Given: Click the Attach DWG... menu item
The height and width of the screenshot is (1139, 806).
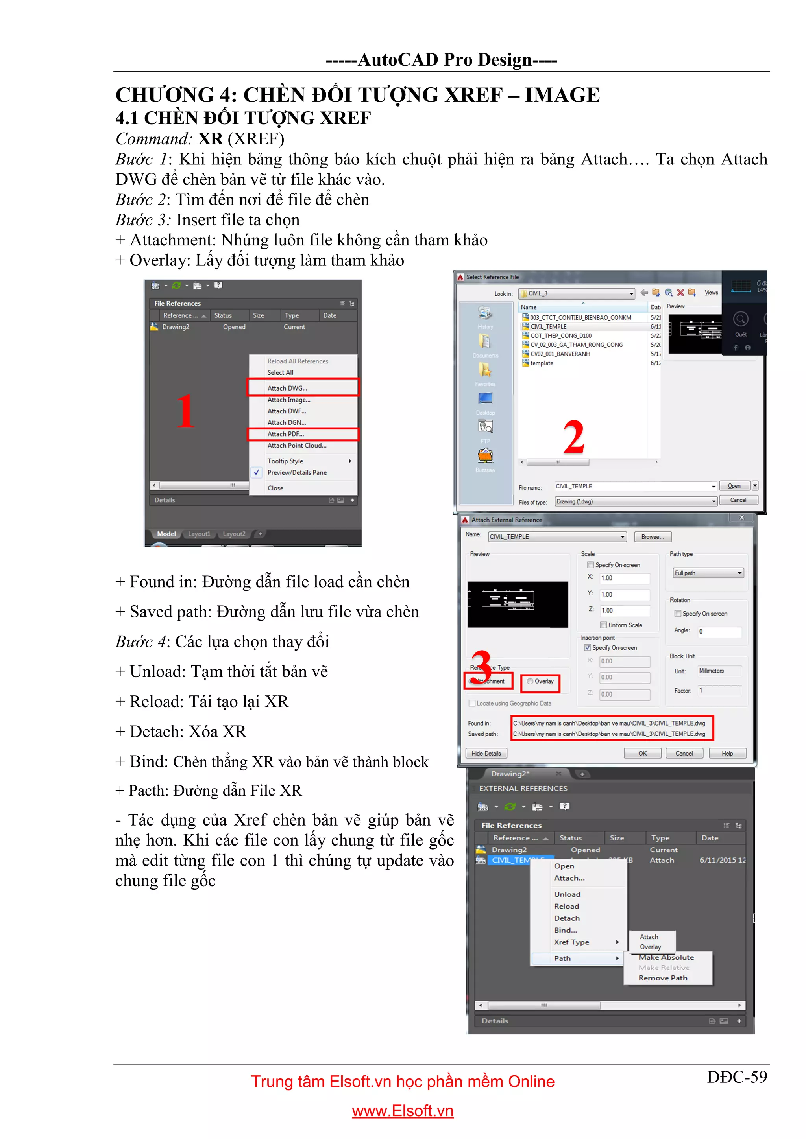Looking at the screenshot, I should coord(288,388).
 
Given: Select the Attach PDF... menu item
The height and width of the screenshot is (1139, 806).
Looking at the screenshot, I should coord(286,434).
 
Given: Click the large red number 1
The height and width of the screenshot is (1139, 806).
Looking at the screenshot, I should coord(185,411).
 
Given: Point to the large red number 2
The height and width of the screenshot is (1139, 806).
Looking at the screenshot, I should coord(574,437).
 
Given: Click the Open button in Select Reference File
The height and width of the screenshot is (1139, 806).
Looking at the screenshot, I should coord(734,486).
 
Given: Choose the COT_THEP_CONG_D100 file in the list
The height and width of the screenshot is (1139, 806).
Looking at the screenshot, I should coord(561,336).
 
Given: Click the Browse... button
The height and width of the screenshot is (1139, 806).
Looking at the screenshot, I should coord(652,537).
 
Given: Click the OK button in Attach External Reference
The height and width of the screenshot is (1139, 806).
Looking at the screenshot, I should coord(642,753).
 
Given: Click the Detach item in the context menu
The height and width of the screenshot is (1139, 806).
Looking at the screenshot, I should coord(567,918).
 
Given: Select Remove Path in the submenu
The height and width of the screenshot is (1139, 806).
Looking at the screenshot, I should coord(663,978).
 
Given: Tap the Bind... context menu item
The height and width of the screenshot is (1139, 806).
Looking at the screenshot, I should coord(565,930).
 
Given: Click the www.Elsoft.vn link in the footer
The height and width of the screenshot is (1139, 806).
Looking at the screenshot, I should coord(403,1111).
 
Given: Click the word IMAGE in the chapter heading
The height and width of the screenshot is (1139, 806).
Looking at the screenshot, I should coord(562,95).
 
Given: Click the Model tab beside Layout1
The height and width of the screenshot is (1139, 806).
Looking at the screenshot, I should coord(166,534).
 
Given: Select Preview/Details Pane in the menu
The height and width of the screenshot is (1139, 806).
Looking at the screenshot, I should coord(297,473).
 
